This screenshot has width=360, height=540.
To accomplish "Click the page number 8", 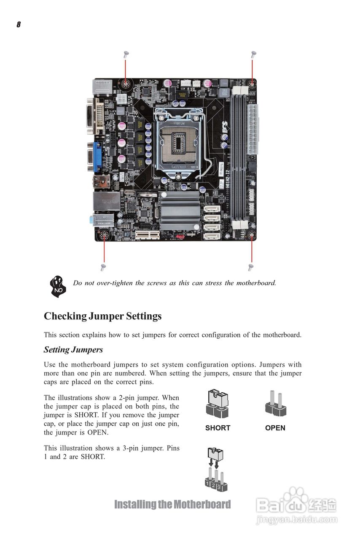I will [x=19, y=24].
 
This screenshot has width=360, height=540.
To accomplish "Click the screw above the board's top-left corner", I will [x=126, y=54].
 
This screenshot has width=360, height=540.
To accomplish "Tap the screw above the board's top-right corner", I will [x=253, y=54].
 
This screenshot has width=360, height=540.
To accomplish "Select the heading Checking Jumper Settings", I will [x=102, y=316].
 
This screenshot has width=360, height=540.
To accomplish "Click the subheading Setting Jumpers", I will [x=73, y=350].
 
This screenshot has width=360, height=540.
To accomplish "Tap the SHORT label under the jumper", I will [x=218, y=428].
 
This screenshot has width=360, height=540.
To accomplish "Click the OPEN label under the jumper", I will [x=275, y=428].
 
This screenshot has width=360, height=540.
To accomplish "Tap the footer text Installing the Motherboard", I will [x=172, y=505].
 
